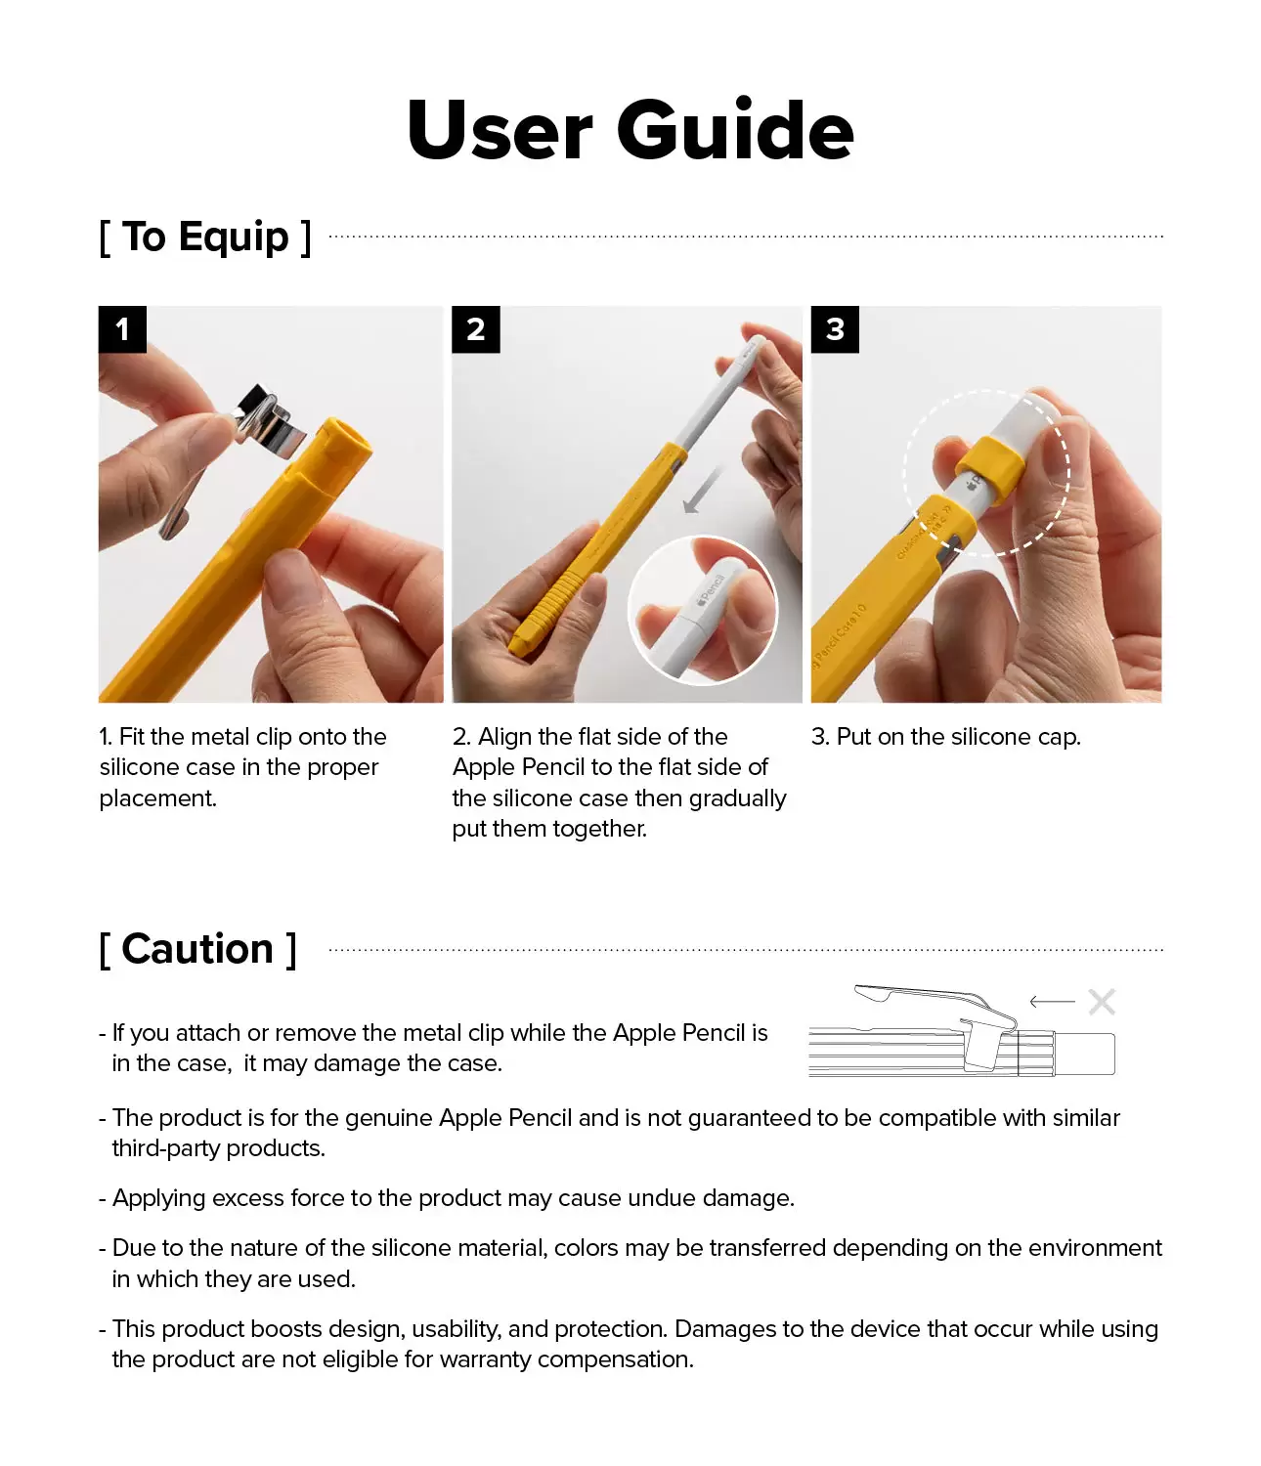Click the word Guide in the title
(735, 131)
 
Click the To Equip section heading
(205, 237)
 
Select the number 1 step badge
(122, 329)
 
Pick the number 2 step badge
(475, 329)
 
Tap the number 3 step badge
(835, 329)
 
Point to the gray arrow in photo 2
(702, 492)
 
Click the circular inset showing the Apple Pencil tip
(702, 610)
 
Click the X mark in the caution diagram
(1102, 1002)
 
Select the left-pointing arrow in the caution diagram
(1052, 1002)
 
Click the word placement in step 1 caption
(156, 798)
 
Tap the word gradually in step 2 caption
(737, 798)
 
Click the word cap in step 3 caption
(1060, 737)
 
